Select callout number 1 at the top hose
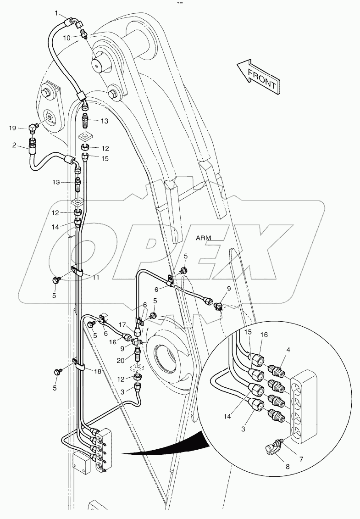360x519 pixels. coord(57,13)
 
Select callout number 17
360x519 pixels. coord(122,325)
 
